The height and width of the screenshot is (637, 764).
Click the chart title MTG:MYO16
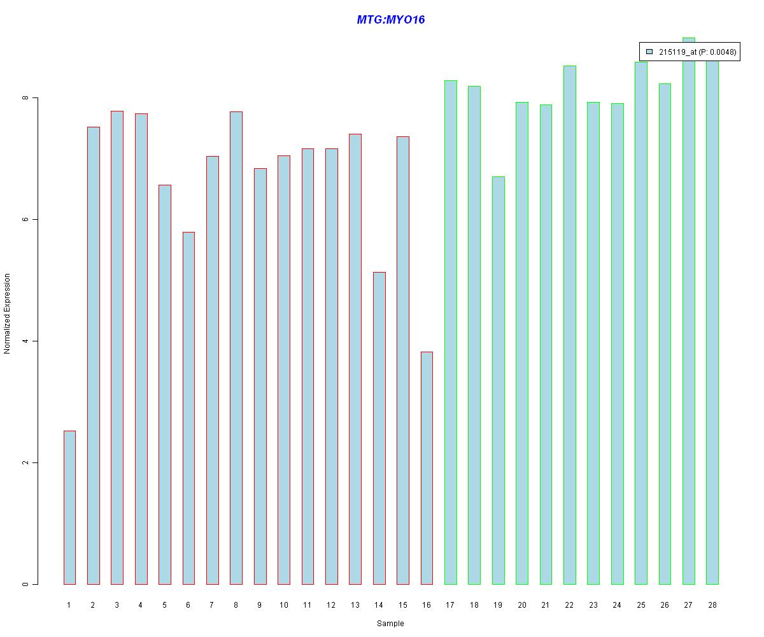(390, 20)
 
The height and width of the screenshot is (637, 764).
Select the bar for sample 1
(69, 508)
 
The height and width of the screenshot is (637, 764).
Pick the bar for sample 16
(427, 468)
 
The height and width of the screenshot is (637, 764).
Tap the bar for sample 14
(379, 428)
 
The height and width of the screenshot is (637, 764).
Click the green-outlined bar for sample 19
(498, 380)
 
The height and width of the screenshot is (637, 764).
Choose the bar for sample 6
(188, 408)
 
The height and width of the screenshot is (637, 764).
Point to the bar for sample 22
(569, 325)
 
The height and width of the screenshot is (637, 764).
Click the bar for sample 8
(236, 348)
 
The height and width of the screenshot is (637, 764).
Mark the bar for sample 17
(450, 332)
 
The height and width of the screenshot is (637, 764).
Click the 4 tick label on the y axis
(26, 341)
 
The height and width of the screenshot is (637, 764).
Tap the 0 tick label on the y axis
(26, 584)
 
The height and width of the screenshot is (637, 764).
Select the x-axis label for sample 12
(331, 605)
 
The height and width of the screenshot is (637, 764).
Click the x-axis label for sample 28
(712, 605)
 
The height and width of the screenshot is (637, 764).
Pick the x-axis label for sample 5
(164, 605)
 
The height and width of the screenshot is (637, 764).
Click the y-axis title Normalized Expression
(8, 313)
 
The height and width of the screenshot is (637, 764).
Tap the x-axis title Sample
(390, 624)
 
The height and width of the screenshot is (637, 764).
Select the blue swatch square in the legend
(649, 52)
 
